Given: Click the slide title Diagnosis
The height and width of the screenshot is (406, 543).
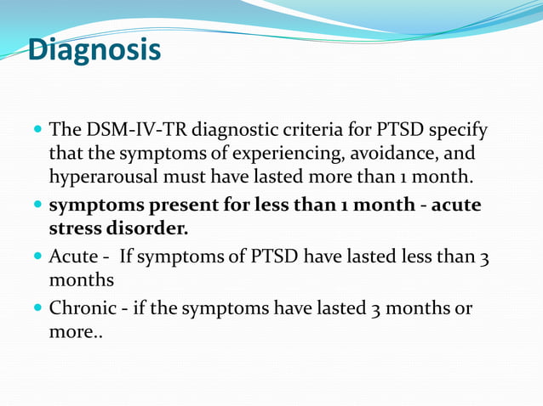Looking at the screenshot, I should (x=94, y=50).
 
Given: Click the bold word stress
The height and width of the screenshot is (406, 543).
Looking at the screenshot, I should (x=77, y=228).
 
